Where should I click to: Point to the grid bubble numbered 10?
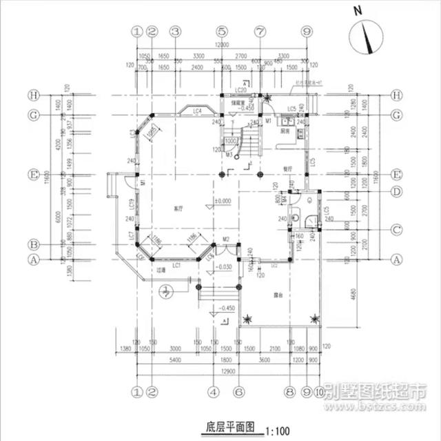coord(318,393)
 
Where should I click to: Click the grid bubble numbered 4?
coord(214,393)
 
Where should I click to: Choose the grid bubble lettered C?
coord(396,229)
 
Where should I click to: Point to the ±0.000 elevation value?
coord(222,201)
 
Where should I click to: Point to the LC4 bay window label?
coord(196,110)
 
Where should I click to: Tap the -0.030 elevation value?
coord(223,266)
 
